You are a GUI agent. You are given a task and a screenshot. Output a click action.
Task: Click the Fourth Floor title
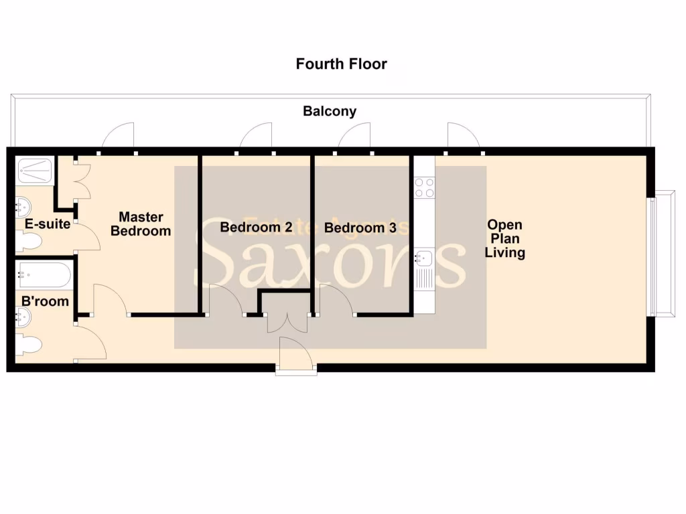342,64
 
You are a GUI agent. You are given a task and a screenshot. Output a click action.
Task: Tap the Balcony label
330,111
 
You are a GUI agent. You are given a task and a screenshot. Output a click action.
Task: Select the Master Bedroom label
141,224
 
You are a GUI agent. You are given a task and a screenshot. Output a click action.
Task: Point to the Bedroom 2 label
256,228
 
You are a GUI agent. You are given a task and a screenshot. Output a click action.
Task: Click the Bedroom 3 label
360,228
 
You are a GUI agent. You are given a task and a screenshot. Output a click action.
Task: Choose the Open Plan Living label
505,239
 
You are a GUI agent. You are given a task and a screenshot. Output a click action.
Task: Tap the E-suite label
48,224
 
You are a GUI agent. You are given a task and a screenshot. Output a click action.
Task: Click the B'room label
45,302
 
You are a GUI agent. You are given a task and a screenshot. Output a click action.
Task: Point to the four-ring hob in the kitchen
424,187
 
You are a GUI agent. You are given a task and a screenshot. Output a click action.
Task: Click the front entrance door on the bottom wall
295,355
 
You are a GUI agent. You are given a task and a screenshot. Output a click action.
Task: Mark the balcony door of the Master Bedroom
119,137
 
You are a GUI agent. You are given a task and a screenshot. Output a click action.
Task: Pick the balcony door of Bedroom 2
257,136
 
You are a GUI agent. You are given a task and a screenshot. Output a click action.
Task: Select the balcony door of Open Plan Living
462,137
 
